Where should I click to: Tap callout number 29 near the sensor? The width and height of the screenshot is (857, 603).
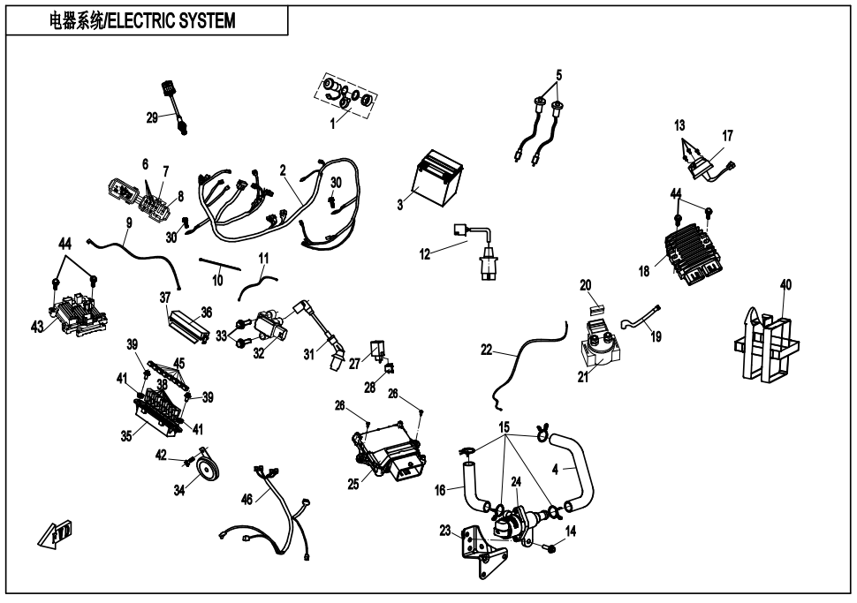pos(153,117)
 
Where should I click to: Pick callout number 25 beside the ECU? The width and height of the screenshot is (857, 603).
pos(353,484)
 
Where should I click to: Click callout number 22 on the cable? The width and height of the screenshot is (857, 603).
pos(487,350)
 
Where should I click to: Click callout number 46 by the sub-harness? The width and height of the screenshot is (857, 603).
pos(247,500)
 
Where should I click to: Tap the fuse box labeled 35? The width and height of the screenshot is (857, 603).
pos(164,415)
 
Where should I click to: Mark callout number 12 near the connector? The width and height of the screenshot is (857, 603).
pos(425,254)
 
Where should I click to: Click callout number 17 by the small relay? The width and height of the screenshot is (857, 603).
pos(727,136)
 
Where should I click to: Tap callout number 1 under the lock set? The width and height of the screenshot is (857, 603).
pos(333,124)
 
